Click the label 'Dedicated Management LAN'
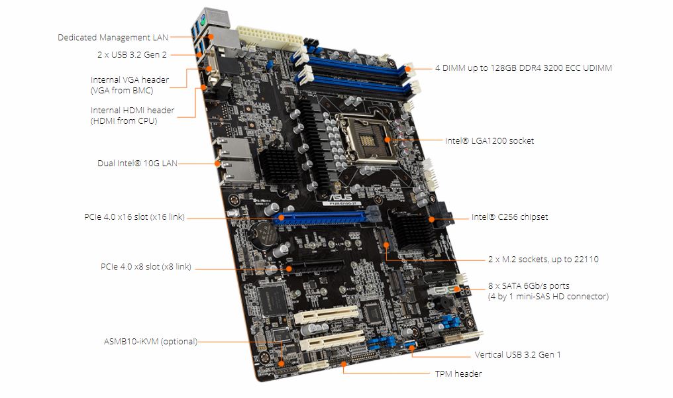[113, 37]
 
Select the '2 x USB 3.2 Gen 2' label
[132, 54]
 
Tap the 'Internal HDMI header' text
[132, 110]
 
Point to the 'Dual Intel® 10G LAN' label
[137, 163]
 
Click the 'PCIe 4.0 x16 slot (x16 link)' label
[134, 217]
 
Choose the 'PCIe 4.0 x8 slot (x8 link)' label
[146, 267]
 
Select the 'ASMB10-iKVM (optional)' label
[150, 342]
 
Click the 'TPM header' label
[458, 373]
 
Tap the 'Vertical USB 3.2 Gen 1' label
[517, 355]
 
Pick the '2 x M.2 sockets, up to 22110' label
[543, 259]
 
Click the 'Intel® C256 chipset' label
[509, 217]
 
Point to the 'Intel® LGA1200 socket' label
[490, 140]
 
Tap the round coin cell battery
[262, 234]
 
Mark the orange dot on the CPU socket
[387, 139]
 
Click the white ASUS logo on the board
[340, 197]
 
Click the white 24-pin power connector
[270, 38]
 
